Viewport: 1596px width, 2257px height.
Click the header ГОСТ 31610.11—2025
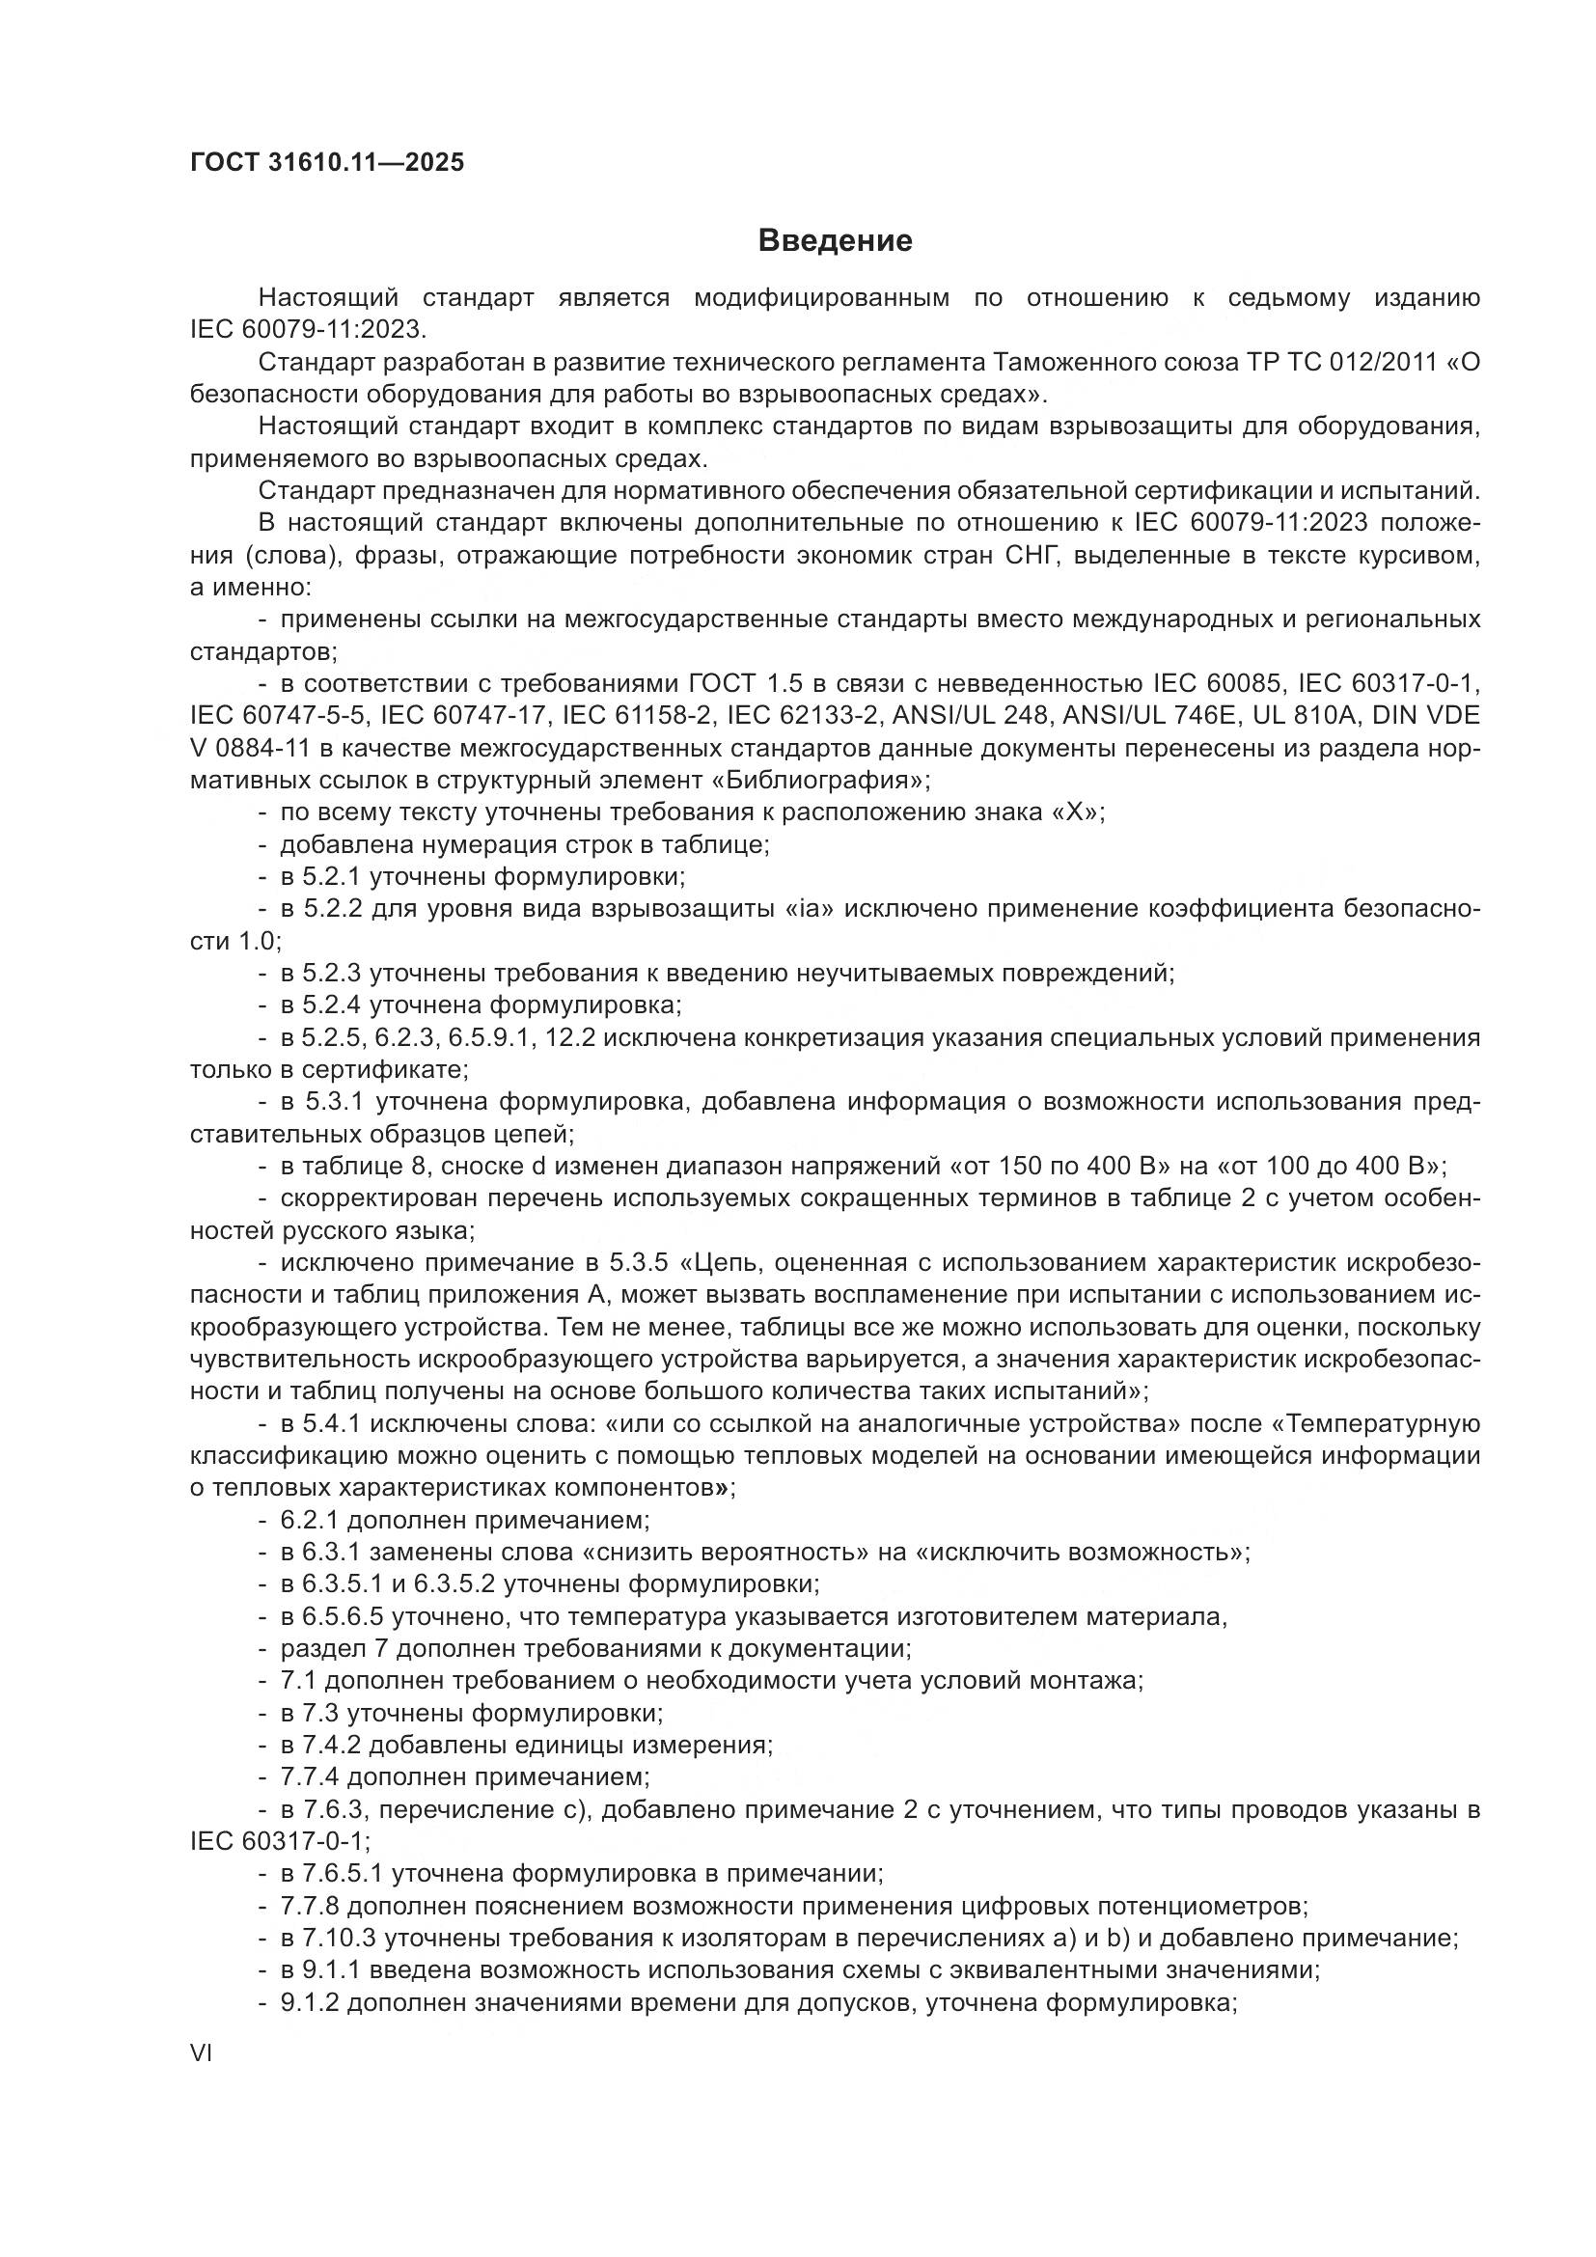point(326,162)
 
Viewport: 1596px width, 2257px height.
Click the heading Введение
point(836,241)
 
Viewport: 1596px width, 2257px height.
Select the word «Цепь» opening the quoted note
point(729,1263)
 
